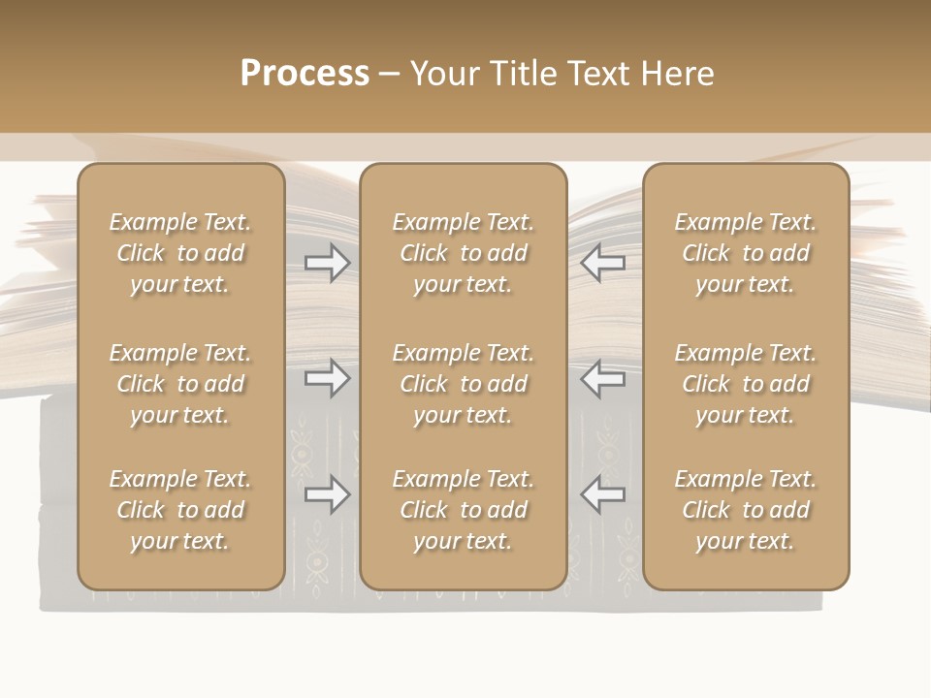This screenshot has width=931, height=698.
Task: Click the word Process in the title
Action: pos(305,73)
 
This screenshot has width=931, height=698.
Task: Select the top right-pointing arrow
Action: pos(328,262)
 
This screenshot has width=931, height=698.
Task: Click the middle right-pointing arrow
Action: pos(328,377)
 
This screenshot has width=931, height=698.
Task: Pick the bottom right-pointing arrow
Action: pos(328,494)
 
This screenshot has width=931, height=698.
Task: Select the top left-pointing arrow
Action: pos(603,262)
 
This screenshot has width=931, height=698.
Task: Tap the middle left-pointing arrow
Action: pos(603,377)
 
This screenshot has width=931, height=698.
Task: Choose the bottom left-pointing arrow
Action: pos(603,494)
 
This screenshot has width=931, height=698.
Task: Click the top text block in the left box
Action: pos(180,253)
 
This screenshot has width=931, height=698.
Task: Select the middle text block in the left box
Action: pos(180,384)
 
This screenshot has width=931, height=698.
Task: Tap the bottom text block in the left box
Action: pos(180,510)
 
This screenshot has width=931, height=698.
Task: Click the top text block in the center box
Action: pos(463,253)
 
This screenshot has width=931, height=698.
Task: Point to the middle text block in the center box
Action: pos(463,384)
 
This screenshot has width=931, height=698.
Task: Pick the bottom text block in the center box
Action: pos(463,510)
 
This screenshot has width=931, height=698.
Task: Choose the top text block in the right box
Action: pos(745,253)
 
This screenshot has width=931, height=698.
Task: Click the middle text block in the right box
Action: pos(745,384)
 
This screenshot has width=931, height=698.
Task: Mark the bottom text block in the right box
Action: pos(745,510)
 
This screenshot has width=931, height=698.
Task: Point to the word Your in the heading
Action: pos(446,73)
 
